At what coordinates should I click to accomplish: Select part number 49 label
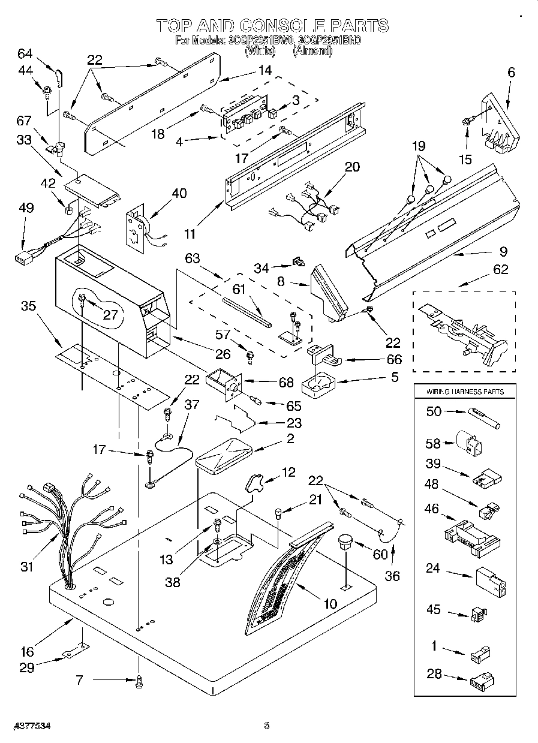(26, 207)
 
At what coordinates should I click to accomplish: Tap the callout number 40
(179, 193)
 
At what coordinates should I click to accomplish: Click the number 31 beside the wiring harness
(27, 566)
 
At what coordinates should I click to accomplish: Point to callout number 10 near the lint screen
(329, 603)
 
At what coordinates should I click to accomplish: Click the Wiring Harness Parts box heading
(465, 392)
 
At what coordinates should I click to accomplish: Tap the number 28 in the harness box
(434, 674)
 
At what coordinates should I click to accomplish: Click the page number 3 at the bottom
(267, 726)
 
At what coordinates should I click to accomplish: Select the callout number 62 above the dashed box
(500, 269)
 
